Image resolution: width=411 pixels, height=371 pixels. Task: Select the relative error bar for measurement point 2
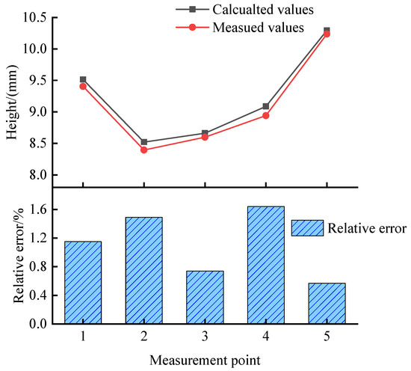coord(143,270)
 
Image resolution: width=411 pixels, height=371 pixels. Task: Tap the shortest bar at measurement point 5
coord(327,303)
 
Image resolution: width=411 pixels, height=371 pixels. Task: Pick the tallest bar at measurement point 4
coord(265,265)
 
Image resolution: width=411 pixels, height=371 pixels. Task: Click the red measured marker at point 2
coord(143,150)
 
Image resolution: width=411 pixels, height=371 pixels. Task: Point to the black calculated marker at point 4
coord(265,106)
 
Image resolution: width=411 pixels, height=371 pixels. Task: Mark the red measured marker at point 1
coord(83,86)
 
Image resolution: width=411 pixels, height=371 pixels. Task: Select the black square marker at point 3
coord(205,133)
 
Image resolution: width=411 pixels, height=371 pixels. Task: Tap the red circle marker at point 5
coord(327,34)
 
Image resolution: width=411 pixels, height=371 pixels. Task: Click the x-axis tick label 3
coord(205,337)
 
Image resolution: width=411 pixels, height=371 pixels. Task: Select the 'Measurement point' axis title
coord(205,360)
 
